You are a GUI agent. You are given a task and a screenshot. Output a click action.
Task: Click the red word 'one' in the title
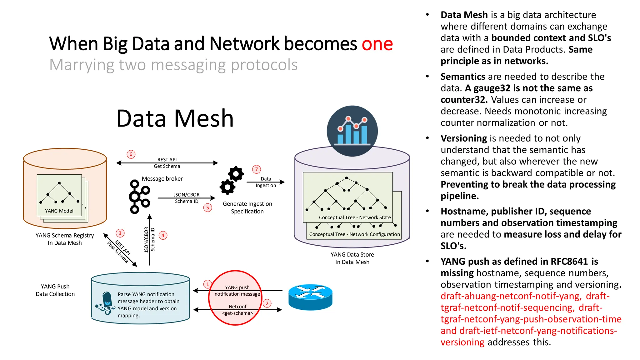coord(377,44)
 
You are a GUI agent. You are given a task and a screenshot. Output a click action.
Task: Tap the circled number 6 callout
coord(131,154)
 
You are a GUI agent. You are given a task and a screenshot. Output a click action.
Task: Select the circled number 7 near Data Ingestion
coord(256,169)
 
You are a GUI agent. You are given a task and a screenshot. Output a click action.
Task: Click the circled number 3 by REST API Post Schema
coord(120,233)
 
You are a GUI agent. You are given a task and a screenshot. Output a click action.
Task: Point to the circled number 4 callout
coord(163,235)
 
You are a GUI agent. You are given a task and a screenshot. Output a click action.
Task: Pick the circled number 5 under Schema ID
coord(207,207)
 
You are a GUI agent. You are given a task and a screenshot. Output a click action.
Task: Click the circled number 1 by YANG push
coord(207,284)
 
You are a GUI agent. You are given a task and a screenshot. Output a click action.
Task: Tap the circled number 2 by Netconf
coord(267,303)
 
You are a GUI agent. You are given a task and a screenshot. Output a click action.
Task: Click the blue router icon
coord(310,297)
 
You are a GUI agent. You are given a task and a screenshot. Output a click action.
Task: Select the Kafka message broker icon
coord(139,197)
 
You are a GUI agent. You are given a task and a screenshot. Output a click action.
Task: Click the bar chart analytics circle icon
coord(352,131)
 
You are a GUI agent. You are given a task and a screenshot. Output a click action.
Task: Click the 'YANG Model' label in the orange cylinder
coord(59,211)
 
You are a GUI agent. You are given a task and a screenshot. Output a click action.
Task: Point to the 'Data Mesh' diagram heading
coord(175,118)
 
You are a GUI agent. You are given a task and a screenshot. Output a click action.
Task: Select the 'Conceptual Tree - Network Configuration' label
coord(354,234)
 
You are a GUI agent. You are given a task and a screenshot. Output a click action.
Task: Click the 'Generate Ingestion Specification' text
coord(247,207)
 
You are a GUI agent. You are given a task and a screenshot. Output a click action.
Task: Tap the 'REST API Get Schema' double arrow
coord(167,163)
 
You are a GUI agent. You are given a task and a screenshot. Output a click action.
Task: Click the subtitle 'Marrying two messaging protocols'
coord(173,65)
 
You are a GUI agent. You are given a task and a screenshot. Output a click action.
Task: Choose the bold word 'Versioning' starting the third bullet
coord(463,138)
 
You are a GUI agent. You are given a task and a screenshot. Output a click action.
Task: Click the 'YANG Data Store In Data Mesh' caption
coord(352,258)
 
